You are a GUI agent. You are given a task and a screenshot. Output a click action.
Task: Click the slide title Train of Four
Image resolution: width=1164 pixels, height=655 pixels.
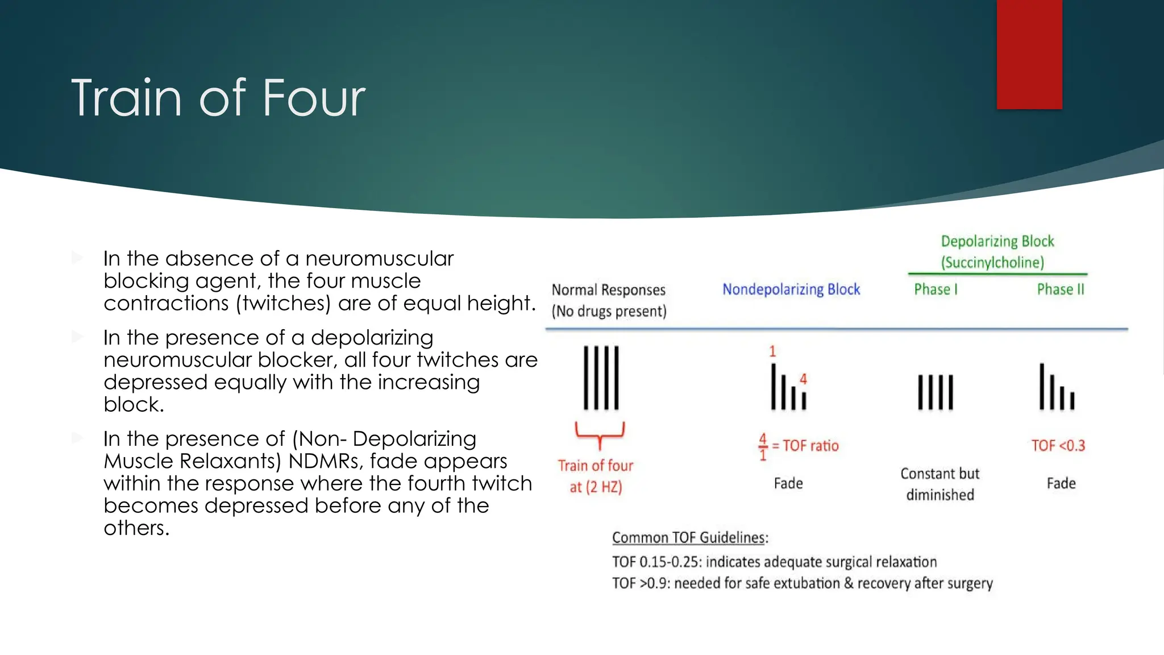click(x=218, y=98)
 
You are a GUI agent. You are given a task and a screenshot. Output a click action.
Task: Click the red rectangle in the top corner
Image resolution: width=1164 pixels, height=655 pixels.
click(x=1029, y=54)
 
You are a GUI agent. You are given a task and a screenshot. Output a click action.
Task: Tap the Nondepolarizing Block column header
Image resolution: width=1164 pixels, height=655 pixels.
click(x=791, y=289)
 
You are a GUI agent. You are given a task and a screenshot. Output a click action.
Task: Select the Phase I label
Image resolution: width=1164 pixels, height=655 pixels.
click(x=936, y=289)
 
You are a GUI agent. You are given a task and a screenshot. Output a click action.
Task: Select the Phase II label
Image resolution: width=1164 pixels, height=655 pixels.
click(x=1061, y=289)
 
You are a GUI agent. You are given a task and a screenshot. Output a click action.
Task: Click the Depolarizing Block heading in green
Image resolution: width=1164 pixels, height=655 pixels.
click(x=997, y=241)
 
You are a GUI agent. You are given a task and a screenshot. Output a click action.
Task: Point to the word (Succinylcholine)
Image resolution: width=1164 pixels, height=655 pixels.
click(x=992, y=263)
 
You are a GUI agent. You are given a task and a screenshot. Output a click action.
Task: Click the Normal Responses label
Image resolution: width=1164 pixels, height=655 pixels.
click(x=608, y=290)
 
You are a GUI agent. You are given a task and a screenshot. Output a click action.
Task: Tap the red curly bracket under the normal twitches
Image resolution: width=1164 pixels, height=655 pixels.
click(x=600, y=434)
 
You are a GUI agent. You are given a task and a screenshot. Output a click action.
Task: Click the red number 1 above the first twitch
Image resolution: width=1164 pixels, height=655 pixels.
click(x=772, y=351)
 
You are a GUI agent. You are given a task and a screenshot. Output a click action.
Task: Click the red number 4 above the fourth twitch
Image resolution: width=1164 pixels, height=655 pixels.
click(x=803, y=379)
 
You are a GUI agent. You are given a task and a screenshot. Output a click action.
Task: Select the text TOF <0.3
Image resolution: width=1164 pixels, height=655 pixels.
click(x=1058, y=446)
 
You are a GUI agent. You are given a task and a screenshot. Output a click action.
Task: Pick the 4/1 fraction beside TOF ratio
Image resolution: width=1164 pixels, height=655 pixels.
click(x=763, y=447)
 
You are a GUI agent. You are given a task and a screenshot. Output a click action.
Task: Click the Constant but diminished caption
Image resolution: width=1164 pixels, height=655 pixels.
click(x=940, y=484)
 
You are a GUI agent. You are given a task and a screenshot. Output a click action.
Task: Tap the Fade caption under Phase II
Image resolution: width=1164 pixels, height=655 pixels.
click(x=1061, y=483)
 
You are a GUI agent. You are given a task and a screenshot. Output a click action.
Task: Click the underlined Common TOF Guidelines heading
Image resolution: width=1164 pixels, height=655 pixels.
click(x=690, y=538)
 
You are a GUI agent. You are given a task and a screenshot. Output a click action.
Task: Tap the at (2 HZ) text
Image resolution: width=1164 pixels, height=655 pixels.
click(x=596, y=487)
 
